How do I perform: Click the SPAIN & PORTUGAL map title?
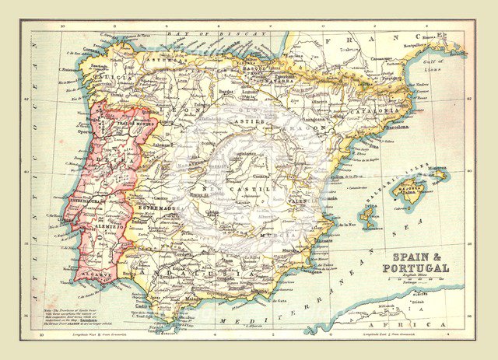tap(415, 262)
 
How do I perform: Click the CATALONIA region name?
tap(380, 112)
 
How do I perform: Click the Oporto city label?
tap(83, 131)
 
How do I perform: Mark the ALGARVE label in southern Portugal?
tap(94, 274)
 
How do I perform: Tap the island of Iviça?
tap(367, 212)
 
